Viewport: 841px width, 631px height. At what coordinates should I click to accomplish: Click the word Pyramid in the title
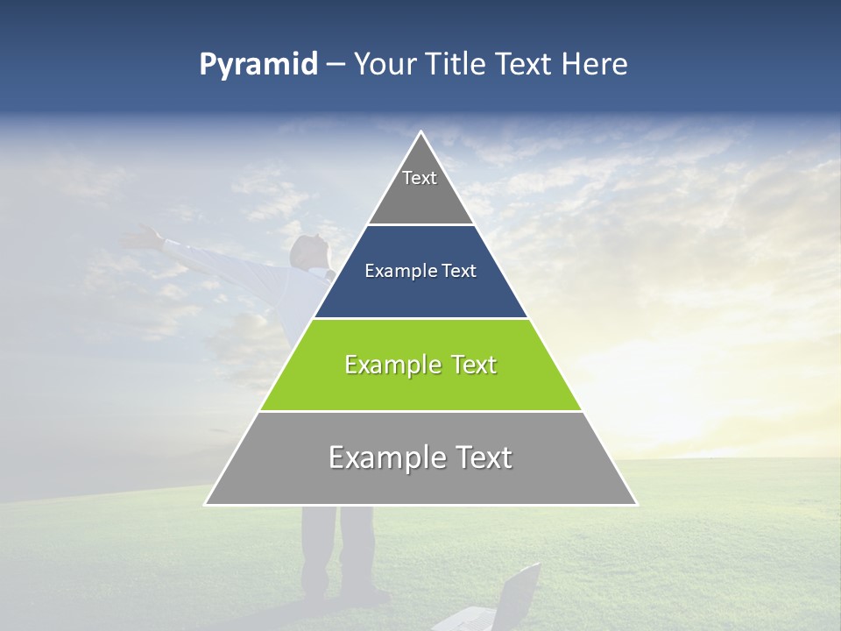[258, 65]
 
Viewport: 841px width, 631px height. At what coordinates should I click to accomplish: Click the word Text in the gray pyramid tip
[420, 178]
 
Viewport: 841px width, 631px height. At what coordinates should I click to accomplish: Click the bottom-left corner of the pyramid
[206, 504]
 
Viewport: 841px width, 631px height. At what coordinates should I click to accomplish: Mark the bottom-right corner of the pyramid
[636, 504]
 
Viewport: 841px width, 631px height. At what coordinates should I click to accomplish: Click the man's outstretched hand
[143, 235]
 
